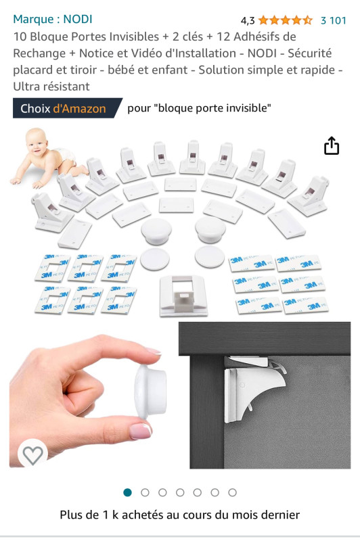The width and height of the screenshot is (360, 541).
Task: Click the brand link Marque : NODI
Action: click(53, 19)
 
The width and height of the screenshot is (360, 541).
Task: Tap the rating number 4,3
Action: click(248, 21)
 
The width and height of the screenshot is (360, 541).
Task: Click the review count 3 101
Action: click(333, 20)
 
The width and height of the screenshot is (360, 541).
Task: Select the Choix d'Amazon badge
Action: click(67, 108)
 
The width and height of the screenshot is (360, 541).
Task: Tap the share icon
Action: click(332, 145)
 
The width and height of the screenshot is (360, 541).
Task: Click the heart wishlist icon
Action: click(32, 454)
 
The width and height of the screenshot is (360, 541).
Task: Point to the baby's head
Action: click(37, 141)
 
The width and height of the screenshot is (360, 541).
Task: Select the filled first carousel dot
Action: click(128, 492)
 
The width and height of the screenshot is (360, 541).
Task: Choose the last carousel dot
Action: click(232, 492)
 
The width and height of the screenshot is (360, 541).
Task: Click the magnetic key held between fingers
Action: click(150, 391)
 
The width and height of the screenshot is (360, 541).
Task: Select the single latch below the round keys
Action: click(183, 296)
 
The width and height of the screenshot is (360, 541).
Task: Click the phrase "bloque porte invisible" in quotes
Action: click(212, 108)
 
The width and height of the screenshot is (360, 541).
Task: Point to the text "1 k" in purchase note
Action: click(110, 515)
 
